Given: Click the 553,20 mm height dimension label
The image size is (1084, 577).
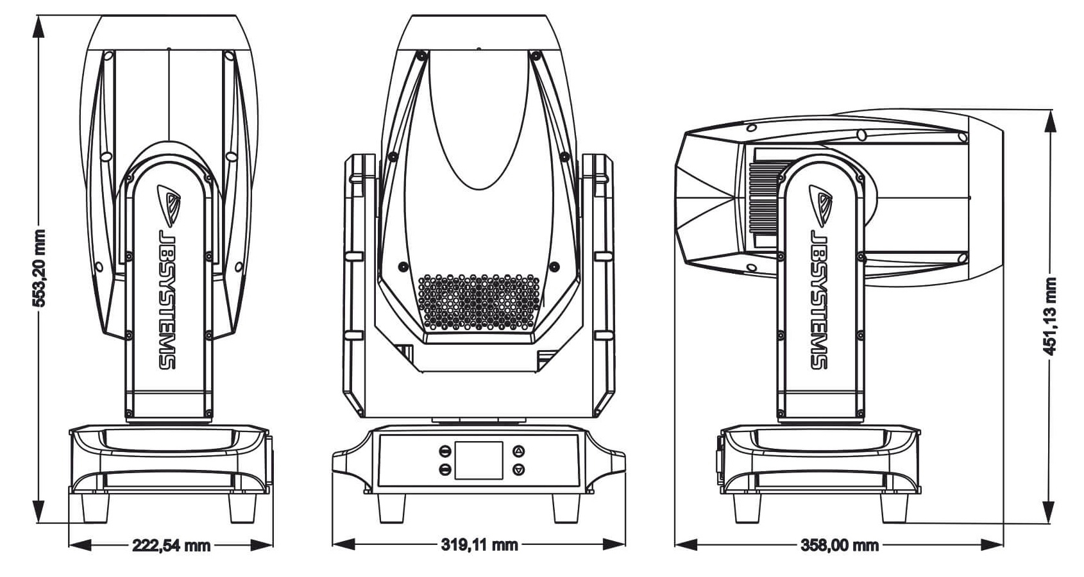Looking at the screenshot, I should point(40,267).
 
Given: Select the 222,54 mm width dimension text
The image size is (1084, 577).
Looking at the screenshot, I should point(171,546).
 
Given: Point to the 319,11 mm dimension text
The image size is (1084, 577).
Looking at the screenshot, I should point(479,545).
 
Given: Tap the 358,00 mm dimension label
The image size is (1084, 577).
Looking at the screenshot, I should point(840,546).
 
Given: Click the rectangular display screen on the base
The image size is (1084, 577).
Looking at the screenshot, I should point(478,460).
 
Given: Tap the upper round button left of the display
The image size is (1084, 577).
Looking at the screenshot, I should point(445,450).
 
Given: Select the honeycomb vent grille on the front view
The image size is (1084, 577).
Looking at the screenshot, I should point(478,303).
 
